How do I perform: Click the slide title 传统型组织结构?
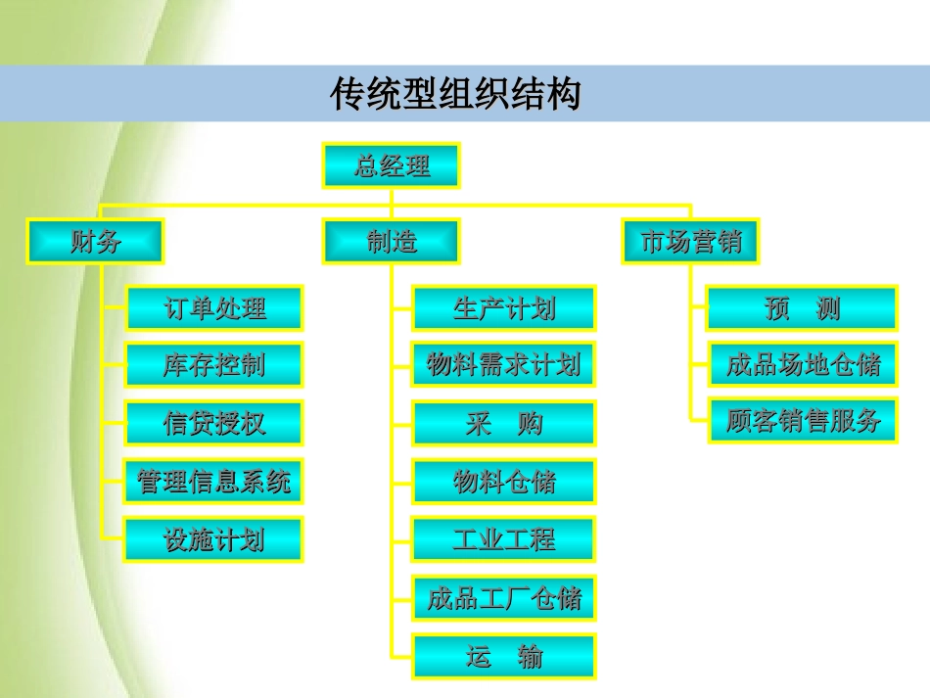point(455,95)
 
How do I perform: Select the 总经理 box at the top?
point(391,165)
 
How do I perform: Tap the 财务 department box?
point(96,241)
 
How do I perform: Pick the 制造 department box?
point(391,241)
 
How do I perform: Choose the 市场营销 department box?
point(691,241)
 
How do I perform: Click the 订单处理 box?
point(214,308)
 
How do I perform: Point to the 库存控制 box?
point(214,366)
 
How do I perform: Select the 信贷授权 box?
point(214,424)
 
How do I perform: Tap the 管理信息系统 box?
point(214,482)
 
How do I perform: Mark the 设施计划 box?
point(214,539)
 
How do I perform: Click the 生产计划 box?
point(503,308)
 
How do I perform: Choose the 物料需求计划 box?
point(503,366)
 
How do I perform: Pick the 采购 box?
point(503,424)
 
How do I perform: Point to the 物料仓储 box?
point(503,482)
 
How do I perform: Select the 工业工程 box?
point(503,539)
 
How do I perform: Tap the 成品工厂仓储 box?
point(503,597)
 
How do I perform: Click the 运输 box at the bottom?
point(503,656)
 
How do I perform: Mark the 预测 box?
point(802,308)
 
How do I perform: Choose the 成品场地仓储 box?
point(802,366)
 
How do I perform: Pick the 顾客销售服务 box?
point(802,421)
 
